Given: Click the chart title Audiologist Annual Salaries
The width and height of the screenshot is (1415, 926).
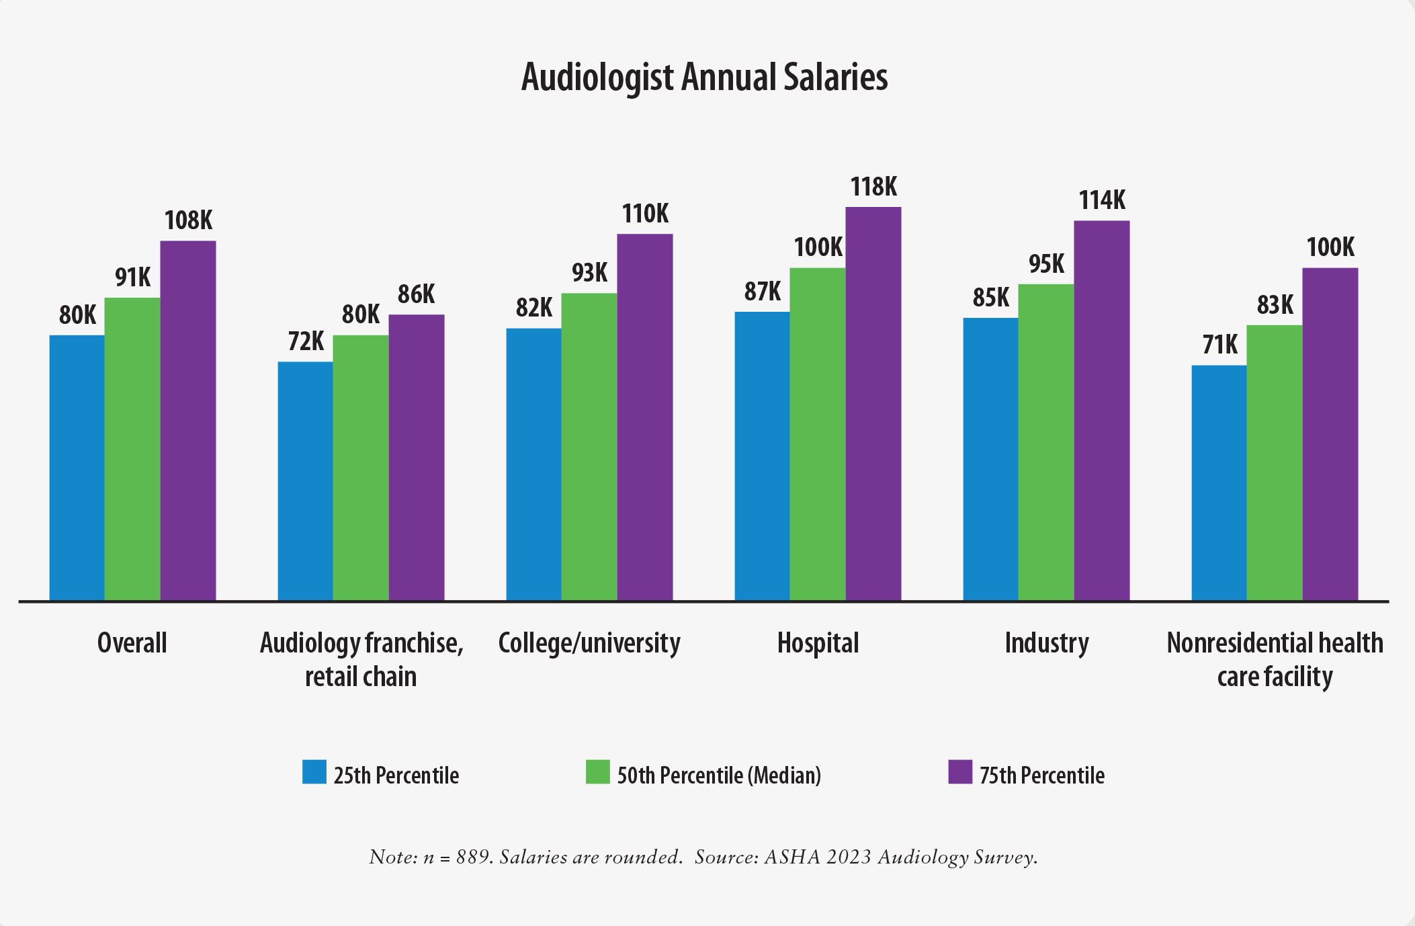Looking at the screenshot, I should pyautogui.click(x=704, y=77).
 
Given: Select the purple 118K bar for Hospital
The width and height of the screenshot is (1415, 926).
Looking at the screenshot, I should pyautogui.click(x=873, y=403).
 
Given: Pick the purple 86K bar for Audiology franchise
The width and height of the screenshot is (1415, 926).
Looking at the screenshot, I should pyautogui.click(x=416, y=457).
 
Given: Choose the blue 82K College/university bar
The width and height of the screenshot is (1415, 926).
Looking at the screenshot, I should pyautogui.click(x=533, y=464).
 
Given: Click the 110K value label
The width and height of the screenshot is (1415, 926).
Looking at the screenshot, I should pyautogui.click(x=645, y=214).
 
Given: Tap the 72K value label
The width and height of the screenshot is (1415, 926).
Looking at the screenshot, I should pyautogui.click(x=306, y=342).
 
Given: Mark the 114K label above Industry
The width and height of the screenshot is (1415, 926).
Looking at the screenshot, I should pyautogui.click(x=1102, y=200).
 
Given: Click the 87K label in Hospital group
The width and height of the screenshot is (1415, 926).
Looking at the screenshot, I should pyautogui.click(x=762, y=292).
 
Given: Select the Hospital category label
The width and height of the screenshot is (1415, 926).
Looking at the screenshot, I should pyautogui.click(x=818, y=643).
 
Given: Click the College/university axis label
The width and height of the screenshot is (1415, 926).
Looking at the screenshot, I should pyautogui.click(x=589, y=643).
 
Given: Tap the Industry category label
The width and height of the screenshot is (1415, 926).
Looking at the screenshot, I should pyautogui.click(x=1046, y=643).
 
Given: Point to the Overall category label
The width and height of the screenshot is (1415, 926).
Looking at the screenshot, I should pyautogui.click(x=132, y=643).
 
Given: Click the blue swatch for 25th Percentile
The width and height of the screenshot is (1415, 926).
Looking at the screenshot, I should pyautogui.click(x=314, y=772).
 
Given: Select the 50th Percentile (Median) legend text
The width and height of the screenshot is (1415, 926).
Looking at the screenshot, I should pyautogui.click(x=719, y=775).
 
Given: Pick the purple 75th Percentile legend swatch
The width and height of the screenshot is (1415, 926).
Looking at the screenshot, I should pyautogui.click(x=960, y=772).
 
